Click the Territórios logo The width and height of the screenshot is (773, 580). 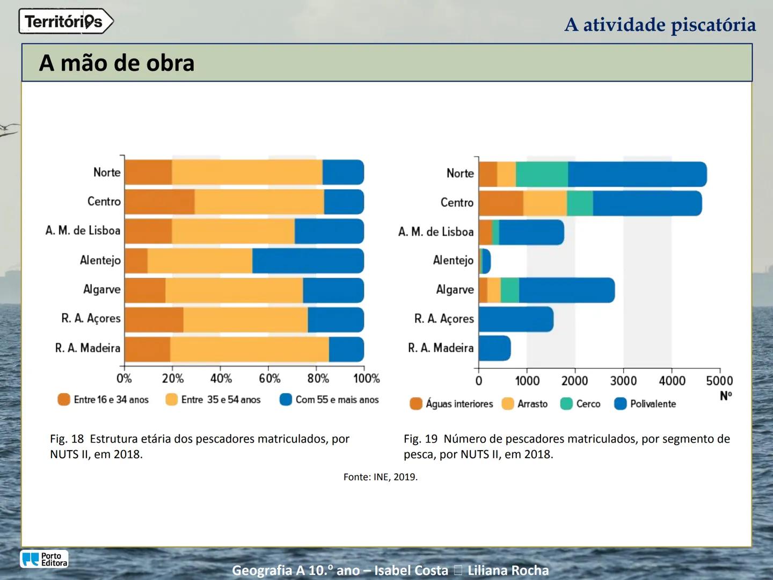pyautogui.click(x=65, y=21)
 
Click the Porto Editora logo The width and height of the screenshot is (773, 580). pyautogui.click(x=45, y=559)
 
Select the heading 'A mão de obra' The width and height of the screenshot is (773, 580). pyautogui.click(x=116, y=63)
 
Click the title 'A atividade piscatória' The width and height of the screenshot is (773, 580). pyautogui.click(x=660, y=25)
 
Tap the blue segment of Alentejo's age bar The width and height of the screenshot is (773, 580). pyautogui.click(x=308, y=260)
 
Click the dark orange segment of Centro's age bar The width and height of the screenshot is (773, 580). pyautogui.click(x=159, y=202)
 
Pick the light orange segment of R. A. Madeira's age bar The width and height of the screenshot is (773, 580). pyautogui.click(x=250, y=349)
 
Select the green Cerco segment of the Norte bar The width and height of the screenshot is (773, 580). pyautogui.click(x=542, y=174)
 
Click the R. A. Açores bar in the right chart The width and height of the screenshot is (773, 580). pyautogui.click(x=515, y=319)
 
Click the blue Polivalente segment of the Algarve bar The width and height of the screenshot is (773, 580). pyautogui.click(x=566, y=290)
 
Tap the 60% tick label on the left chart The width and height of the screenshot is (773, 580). pyautogui.click(x=269, y=379)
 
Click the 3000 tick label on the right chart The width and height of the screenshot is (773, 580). pyautogui.click(x=623, y=381)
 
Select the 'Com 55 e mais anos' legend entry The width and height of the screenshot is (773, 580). pyautogui.click(x=330, y=400)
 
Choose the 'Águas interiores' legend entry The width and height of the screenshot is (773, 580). pyautogui.click(x=451, y=404)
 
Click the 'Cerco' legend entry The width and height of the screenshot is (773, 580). pyautogui.click(x=580, y=404)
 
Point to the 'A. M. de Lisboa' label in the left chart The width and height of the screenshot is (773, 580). pyautogui.click(x=83, y=231)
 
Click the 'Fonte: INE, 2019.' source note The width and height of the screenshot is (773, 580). pyautogui.click(x=380, y=477)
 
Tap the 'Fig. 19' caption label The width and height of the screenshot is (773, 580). pyautogui.click(x=420, y=439)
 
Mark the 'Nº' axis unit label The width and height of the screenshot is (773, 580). pyautogui.click(x=726, y=396)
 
